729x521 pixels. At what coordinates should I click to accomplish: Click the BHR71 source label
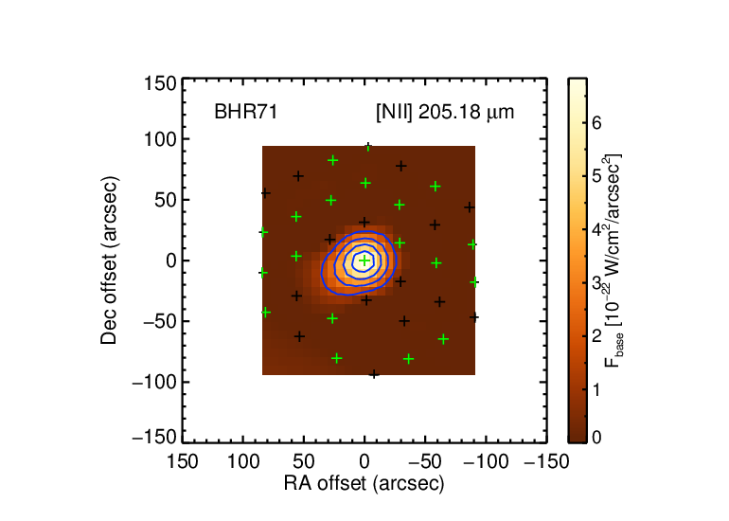pyautogui.click(x=246, y=112)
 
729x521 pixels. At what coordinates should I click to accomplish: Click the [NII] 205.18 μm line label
pyautogui.click(x=445, y=113)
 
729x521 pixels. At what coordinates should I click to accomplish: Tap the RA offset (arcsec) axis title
pyautogui.click(x=364, y=484)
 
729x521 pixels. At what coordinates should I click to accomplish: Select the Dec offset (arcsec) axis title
pyautogui.click(x=109, y=260)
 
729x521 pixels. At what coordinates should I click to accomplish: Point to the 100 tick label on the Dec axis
pyautogui.click(x=160, y=139)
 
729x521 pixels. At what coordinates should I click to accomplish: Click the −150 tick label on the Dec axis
pyautogui.click(x=154, y=438)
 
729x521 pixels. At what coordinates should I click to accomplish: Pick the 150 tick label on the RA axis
pyautogui.click(x=182, y=462)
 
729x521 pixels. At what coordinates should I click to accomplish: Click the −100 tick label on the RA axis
pyautogui.click(x=487, y=462)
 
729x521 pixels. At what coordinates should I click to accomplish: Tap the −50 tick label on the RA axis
pyautogui.click(x=425, y=462)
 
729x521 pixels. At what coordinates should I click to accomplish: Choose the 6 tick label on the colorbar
pyautogui.click(x=596, y=122)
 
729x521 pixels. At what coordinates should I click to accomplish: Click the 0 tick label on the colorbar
pyautogui.click(x=596, y=438)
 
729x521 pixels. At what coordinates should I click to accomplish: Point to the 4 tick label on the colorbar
pyautogui.click(x=596, y=229)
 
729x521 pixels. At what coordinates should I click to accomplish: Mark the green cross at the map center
pyautogui.click(x=364, y=260)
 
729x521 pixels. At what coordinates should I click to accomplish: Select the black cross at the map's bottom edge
pyautogui.click(x=374, y=373)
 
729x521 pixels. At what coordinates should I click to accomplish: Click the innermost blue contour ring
pyautogui.click(x=353, y=261)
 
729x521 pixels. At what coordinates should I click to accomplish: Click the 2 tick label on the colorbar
pyautogui.click(x=596, y=336)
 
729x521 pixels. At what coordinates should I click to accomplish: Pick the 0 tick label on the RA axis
pyautogui.click(x=364, y=462)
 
